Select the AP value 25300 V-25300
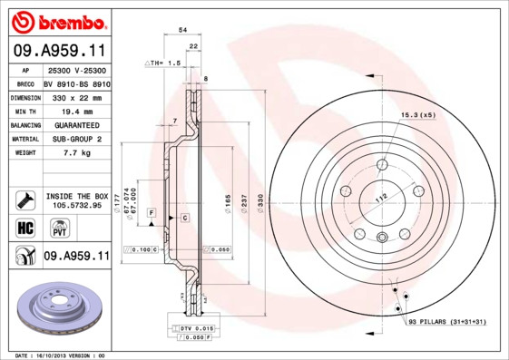76,70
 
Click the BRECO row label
26,83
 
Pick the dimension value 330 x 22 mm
75,97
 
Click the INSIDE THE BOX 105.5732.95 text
76,200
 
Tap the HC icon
25,227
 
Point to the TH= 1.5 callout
164,63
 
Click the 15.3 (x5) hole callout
418,116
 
